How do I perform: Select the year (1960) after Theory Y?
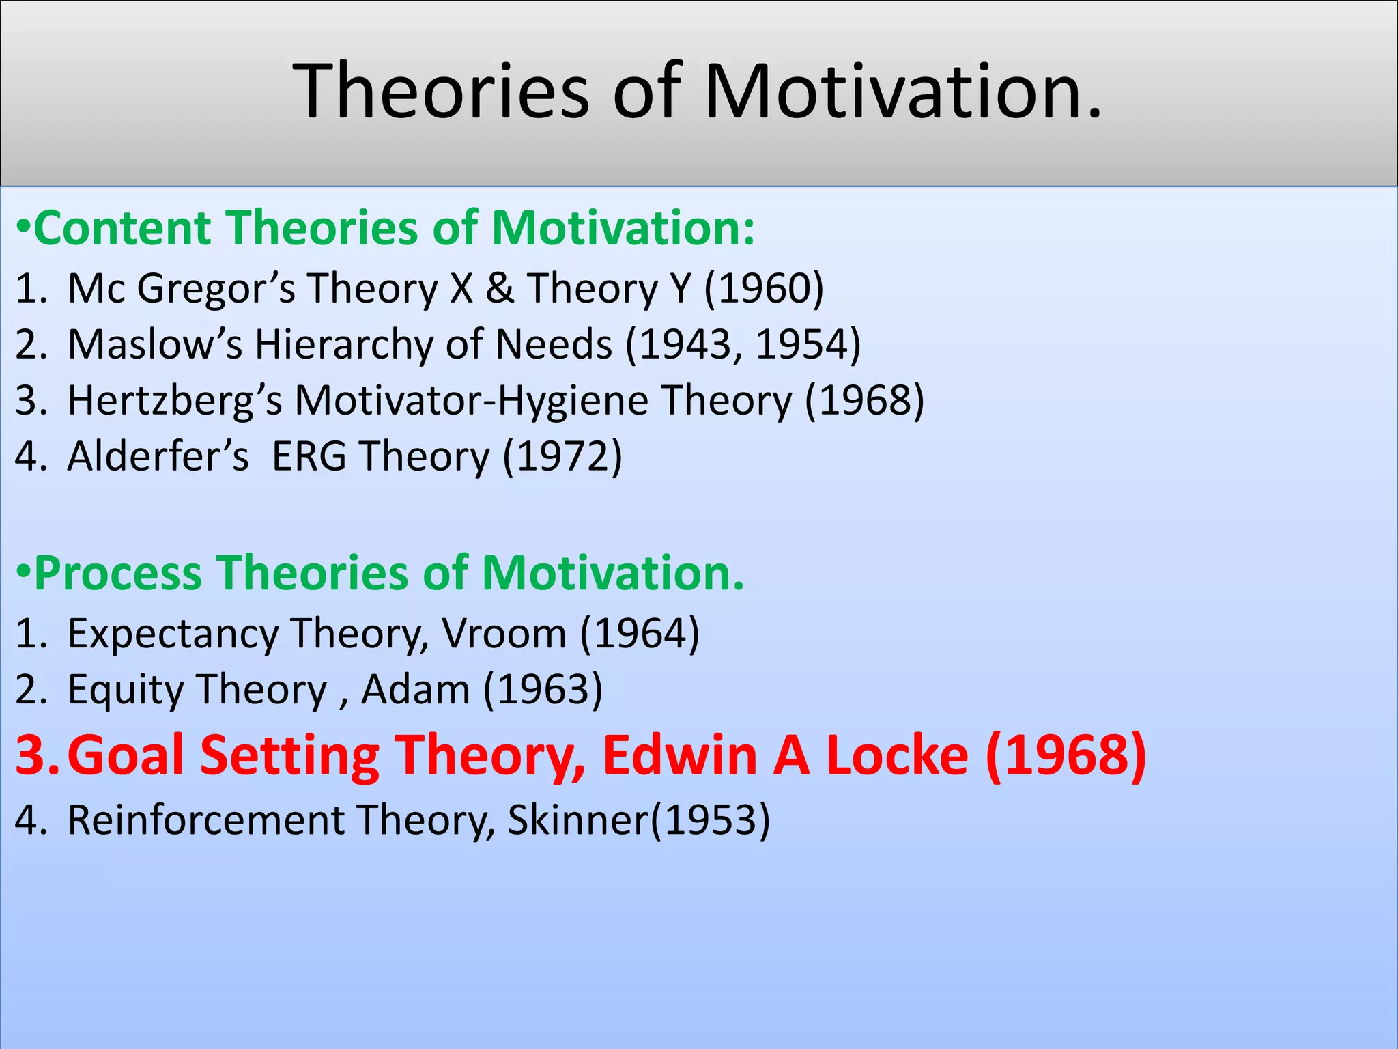pos(764,288)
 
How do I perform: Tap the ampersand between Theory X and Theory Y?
pos(500,288)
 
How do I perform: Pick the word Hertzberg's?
pos(175,400)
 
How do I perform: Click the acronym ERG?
pos(309,456)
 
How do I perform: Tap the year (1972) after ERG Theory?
pos(562,456)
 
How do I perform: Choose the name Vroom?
pos(504,634)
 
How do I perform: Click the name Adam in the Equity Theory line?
pos(415,690)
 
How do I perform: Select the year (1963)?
pos(543,690)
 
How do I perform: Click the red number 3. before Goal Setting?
pos(37,755)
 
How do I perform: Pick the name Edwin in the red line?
pos(680,755)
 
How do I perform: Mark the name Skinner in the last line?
pos(577,820)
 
